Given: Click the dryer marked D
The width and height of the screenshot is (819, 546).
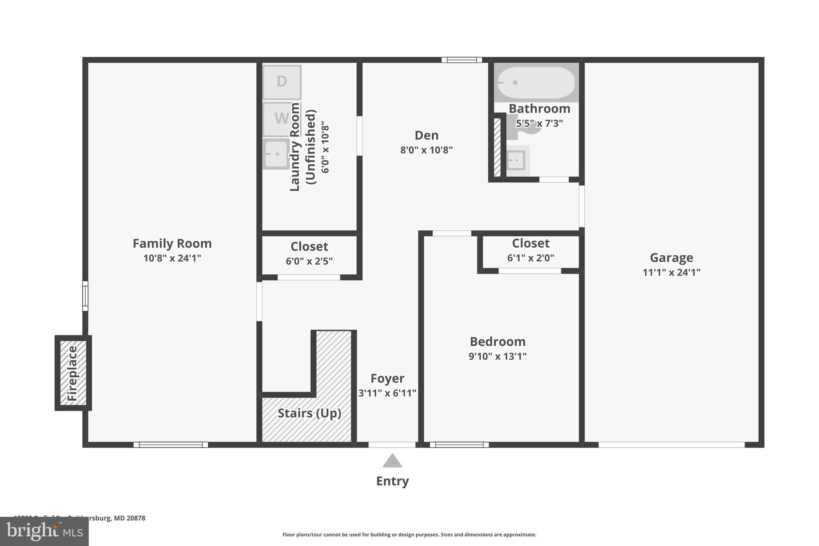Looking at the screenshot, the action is [x=282, y=82].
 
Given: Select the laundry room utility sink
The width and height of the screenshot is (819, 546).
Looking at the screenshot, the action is [x=276, y=154].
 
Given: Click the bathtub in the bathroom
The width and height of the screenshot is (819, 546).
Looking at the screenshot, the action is [x=536, y=82].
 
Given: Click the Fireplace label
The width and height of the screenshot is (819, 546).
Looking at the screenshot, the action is [x=72, y=373].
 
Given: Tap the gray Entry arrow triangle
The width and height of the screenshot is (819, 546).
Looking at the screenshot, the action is [x=392, y=461].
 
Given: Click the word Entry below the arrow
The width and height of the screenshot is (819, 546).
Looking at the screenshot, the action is [x=392, y=481].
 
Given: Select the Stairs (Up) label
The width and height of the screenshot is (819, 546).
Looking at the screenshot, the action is [x=309, y=413].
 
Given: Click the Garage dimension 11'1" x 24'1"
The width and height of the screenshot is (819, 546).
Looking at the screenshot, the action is [x=671, y=272].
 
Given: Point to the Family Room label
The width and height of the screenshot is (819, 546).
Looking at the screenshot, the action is [x=172, y=243].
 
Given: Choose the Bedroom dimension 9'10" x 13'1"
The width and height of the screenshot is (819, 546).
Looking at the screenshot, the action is [x=497, y=356].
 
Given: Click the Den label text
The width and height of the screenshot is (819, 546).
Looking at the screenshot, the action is [x=426, y=135].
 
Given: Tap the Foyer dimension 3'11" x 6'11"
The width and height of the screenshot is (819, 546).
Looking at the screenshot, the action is [x=387, y=393].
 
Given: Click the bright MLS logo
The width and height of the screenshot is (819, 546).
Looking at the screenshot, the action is [x=44, y=531].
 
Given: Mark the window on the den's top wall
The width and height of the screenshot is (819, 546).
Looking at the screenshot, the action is [x=461, y=60].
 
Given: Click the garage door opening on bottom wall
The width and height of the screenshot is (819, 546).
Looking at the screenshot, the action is [x=671, y=444].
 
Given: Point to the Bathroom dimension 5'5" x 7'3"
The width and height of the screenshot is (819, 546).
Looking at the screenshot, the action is [x=539, y=123].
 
